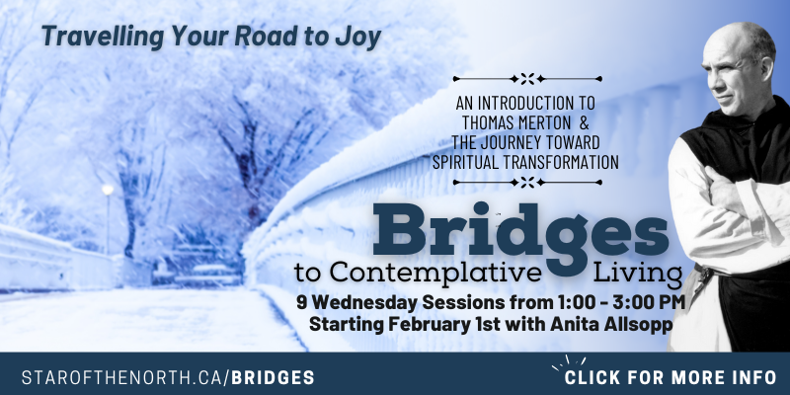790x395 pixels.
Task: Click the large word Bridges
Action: [x=520, y=233]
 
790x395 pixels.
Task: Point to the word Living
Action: [x=637, y=275]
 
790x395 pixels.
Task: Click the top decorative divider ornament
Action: [x=527, y=79]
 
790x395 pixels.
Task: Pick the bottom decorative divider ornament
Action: [x=527, y=182]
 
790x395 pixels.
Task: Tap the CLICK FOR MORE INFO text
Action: [x=671, y=377]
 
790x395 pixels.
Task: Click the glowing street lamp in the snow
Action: [x=108, y=190]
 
